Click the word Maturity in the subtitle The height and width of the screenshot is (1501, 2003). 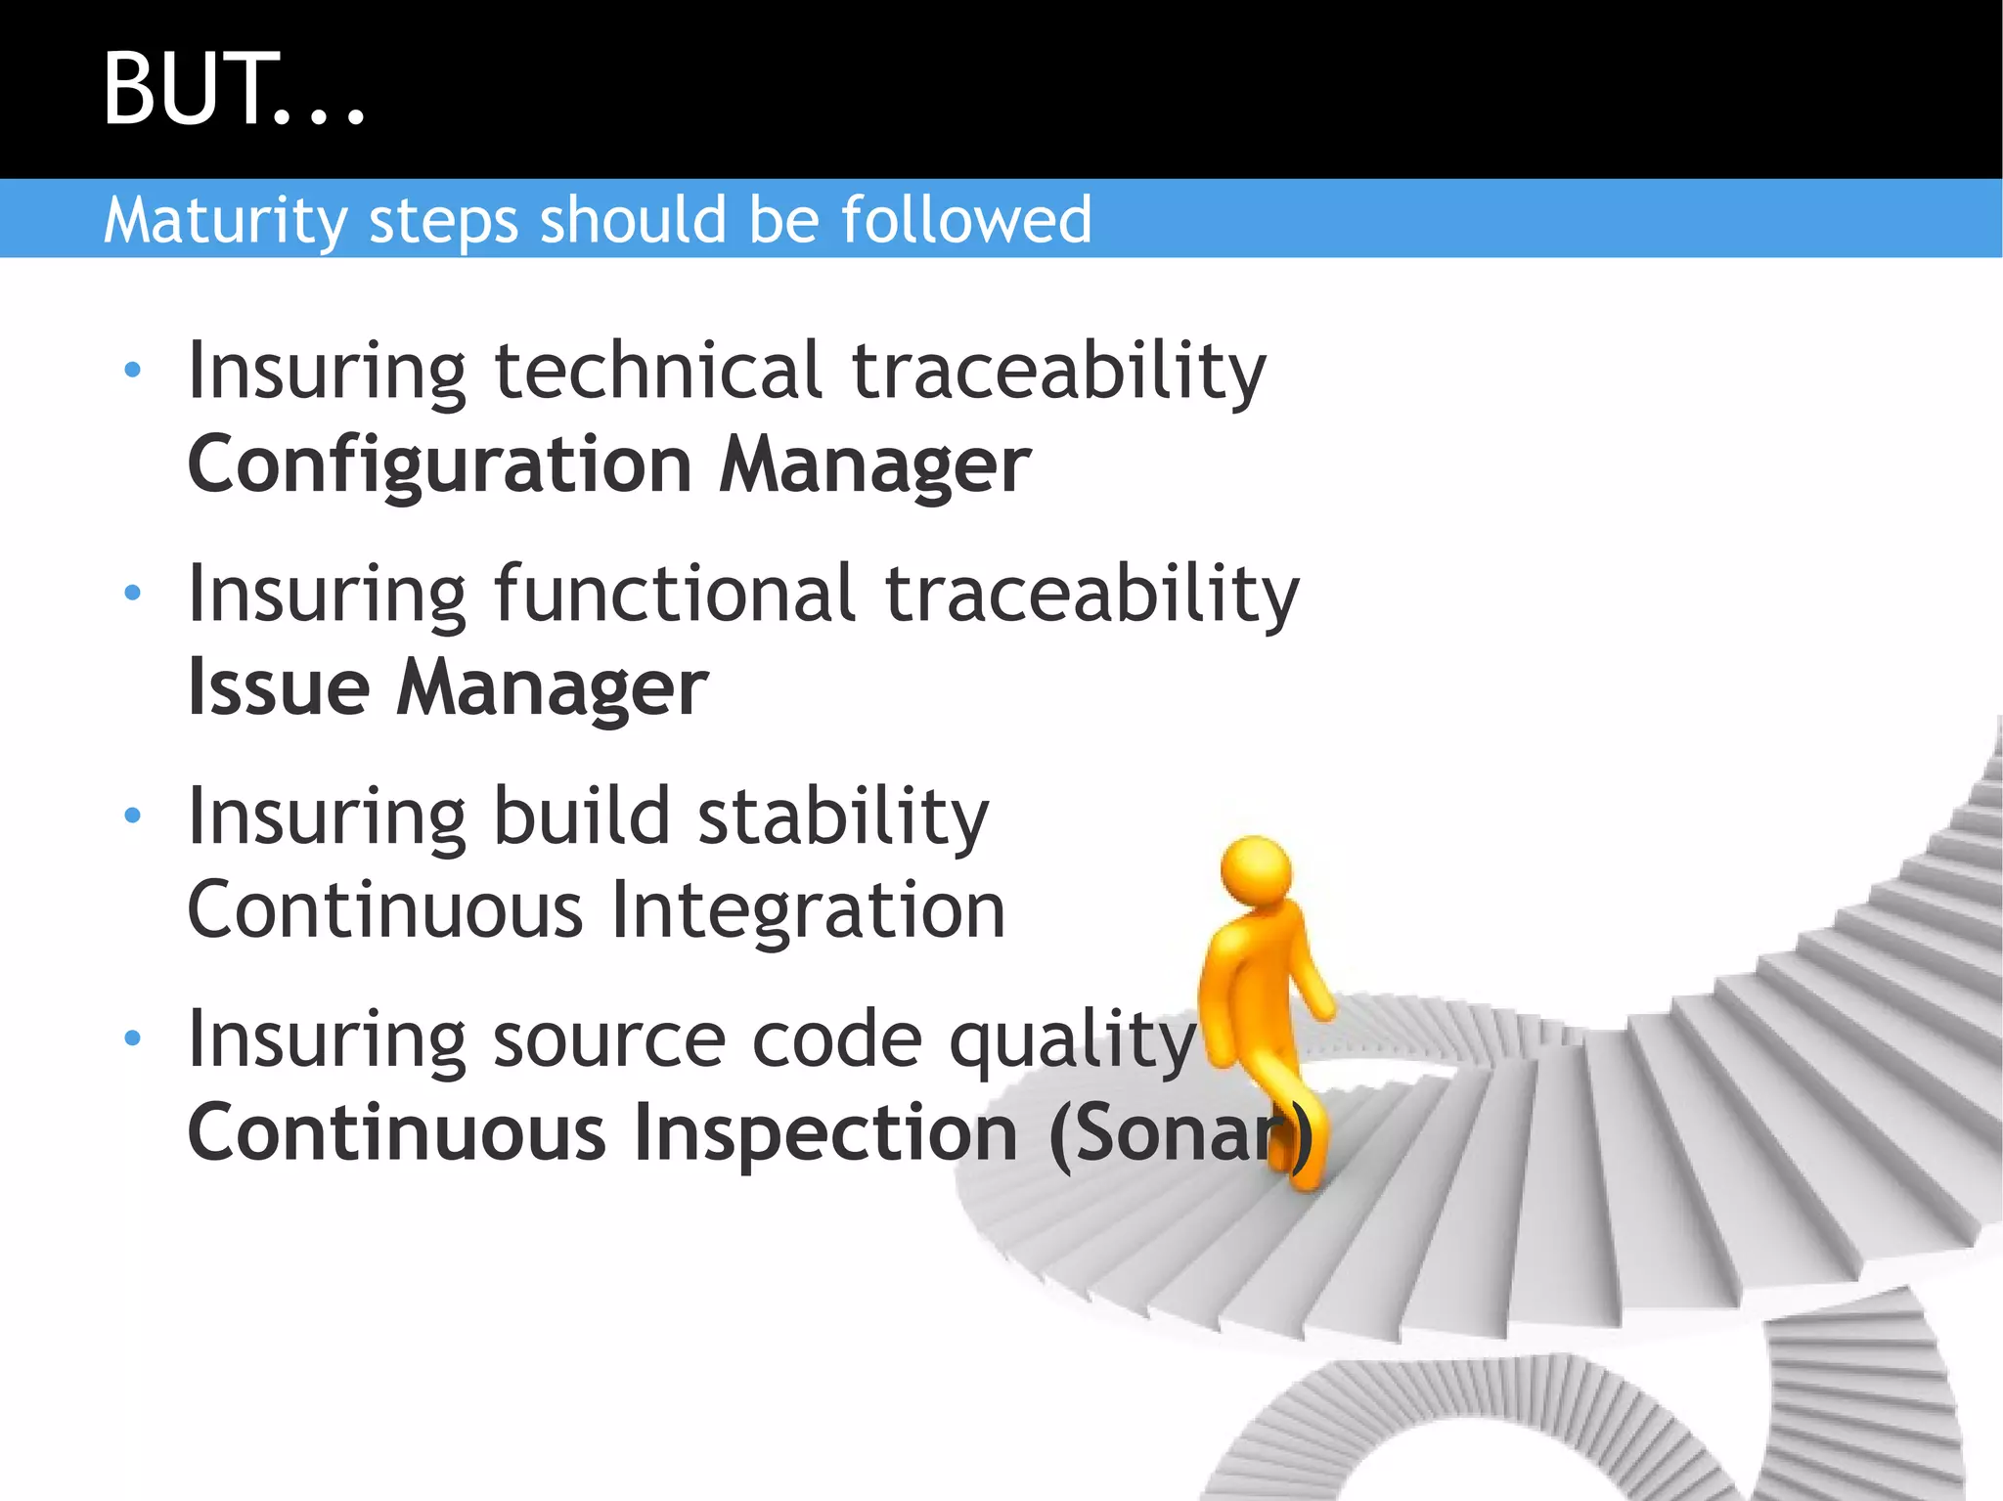pyautogui.click(x=225, y=220)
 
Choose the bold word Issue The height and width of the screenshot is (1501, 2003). pyautogui.click(x=279, y=687)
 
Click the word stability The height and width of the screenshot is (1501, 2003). pyautogui.click(x=842, y=817)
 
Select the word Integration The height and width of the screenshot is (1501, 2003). pyautogui.click(x=808, y=910)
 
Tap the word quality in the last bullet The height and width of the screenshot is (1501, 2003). pyautogui.click(x=1073, y=1040)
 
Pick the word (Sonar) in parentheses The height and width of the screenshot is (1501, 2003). pyautogui.click(x=1179, y=1134)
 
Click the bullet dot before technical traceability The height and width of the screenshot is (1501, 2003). pyautogui.click(x=133, y=371)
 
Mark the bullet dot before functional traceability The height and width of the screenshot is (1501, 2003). pyautogui.click(x=133, y=593)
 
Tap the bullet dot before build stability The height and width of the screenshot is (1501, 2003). pyautogui.click(x=133, y=815)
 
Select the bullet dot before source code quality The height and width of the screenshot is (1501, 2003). pyautogui.click(x=133, y=1037)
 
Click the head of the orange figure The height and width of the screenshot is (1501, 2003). pyautogui.click(x=1257, y=868)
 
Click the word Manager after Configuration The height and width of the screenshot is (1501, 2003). pyautogui.click(x=874, y=464)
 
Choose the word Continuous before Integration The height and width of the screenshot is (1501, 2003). pyautogui.click(x=385, y=910)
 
